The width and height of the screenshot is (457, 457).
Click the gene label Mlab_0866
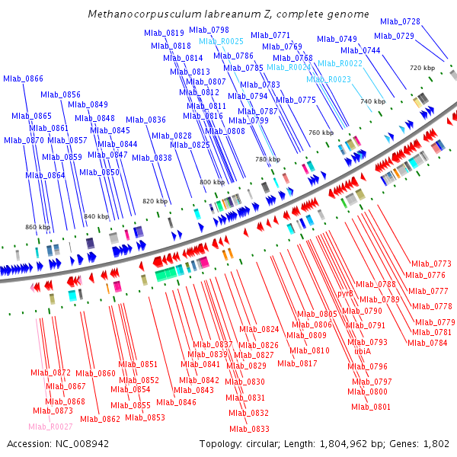[23, 78]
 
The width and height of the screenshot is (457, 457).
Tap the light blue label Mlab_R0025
[221, 41]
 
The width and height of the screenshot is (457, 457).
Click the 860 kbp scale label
[37, 227]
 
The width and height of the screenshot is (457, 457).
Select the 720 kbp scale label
[422, 68]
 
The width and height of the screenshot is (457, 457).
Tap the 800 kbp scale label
[212, 183]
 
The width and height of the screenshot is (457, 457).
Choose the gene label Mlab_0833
[249, 429]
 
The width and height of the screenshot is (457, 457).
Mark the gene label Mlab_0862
[100, 418]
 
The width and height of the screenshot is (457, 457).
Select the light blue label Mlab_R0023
[328, 79]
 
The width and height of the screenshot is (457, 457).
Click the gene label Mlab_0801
[370, 407]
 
